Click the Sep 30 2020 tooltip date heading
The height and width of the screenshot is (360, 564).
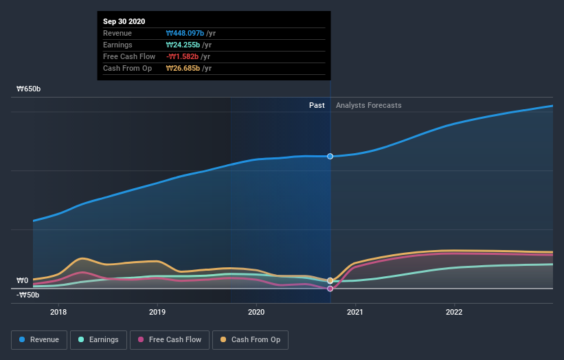click(x=124, y=22)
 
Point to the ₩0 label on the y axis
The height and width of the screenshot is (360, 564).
click(x=23, y=280)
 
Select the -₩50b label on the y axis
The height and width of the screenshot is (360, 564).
click(x=27, y=295)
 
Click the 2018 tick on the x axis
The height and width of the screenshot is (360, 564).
click(x=58, y=311)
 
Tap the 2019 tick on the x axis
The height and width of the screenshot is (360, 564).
click(x=157, y=311)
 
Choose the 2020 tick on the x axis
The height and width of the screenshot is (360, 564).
click(x=256, y=311)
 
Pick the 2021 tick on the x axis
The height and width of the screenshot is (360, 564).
click(x=355, y=311)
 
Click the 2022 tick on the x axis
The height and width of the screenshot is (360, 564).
click(x=454, y=311)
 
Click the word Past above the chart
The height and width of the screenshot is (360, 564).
click(x=317, y=105)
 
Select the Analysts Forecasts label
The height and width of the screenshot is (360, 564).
click(x=369, y=105)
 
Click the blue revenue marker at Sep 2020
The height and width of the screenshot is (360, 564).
click(x=330, y=157)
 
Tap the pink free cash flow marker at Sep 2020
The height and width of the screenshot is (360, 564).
click(x=330, y=289)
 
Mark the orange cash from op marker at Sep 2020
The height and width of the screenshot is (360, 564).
click(x=330, y=280)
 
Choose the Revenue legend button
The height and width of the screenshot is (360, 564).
click(x=40, y=339)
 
